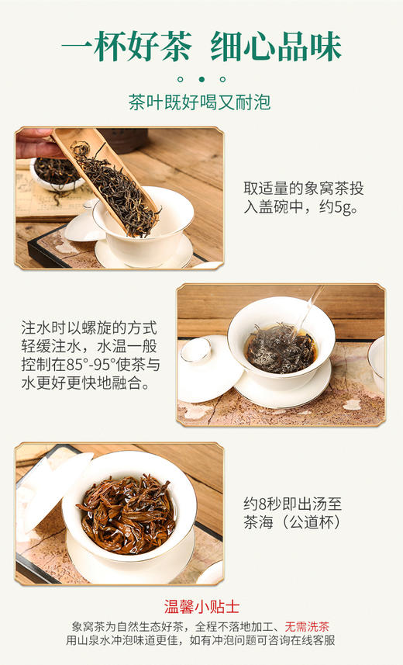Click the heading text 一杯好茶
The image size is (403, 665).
126,46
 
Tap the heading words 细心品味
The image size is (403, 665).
277,46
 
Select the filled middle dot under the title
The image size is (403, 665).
201,78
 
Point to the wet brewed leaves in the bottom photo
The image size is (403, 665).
124,511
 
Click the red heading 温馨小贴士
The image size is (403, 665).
201,607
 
